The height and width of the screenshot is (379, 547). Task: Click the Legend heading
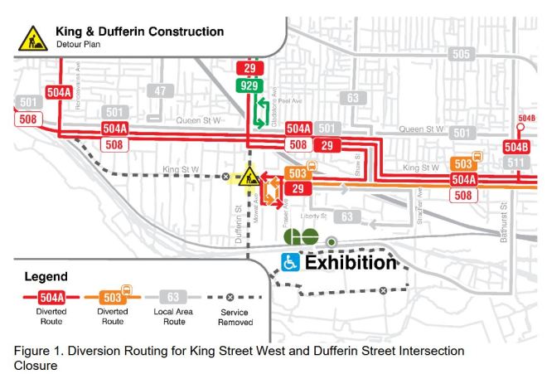tap(47, 275)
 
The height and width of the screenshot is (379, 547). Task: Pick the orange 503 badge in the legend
tap(113, 296)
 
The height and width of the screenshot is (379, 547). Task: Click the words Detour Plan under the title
tap(83, 45)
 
